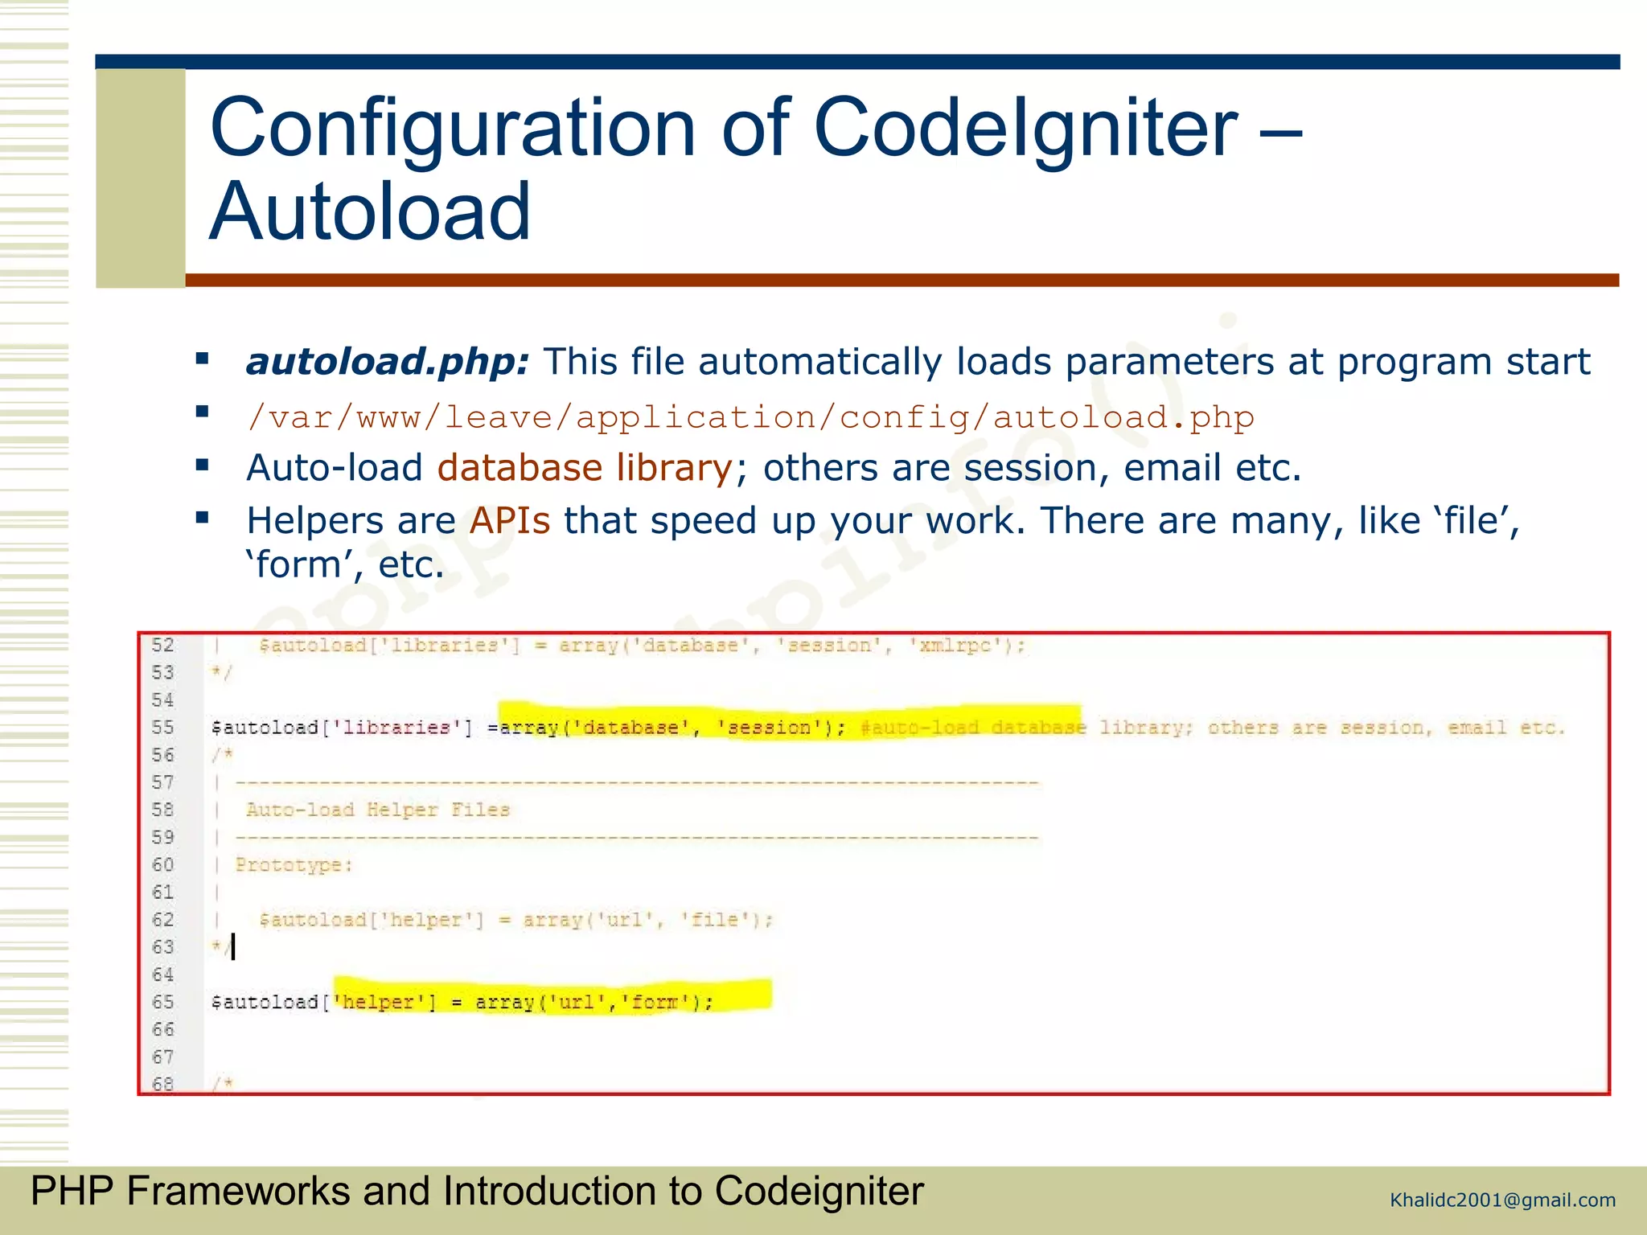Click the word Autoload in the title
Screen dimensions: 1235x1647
370,211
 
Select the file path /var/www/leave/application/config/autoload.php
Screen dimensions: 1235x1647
750,417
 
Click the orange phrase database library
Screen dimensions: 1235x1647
585,468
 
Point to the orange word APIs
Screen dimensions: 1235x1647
510,521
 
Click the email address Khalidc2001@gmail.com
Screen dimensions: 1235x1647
1502,1200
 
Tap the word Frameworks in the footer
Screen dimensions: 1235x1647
238,1191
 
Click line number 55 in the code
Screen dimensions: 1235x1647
163,728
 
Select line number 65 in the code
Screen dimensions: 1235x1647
163,1002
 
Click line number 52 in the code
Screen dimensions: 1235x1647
163,645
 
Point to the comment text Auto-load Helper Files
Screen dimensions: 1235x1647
377,810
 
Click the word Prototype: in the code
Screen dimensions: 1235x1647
294,865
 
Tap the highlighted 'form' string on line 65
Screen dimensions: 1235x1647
655,1002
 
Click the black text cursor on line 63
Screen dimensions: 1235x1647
233,947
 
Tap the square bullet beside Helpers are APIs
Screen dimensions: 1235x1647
203,518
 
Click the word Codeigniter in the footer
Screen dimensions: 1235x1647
819,1191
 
